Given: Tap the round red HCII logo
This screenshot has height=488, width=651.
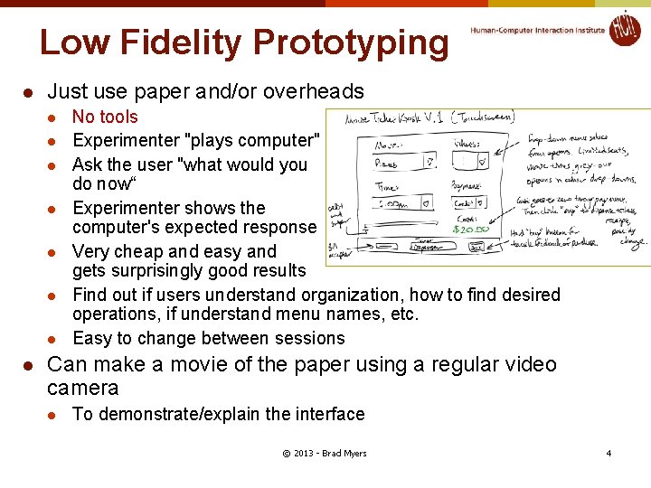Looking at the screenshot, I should coord(624,29).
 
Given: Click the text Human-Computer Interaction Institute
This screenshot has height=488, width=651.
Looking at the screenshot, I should coord(537,30).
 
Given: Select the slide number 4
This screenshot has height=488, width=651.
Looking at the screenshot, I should coord(609,453).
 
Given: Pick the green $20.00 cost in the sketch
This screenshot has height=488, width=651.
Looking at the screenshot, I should coord(471,229).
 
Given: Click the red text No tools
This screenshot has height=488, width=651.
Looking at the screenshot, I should coord(105,117).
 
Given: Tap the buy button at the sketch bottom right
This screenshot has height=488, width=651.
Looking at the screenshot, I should coord(476,246).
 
